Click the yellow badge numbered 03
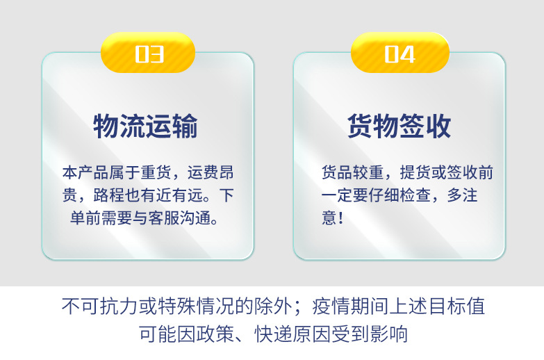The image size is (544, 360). [148, 54]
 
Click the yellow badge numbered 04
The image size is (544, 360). [399, 54]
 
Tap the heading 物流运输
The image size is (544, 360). [146, 127]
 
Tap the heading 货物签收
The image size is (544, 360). [399, 127]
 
